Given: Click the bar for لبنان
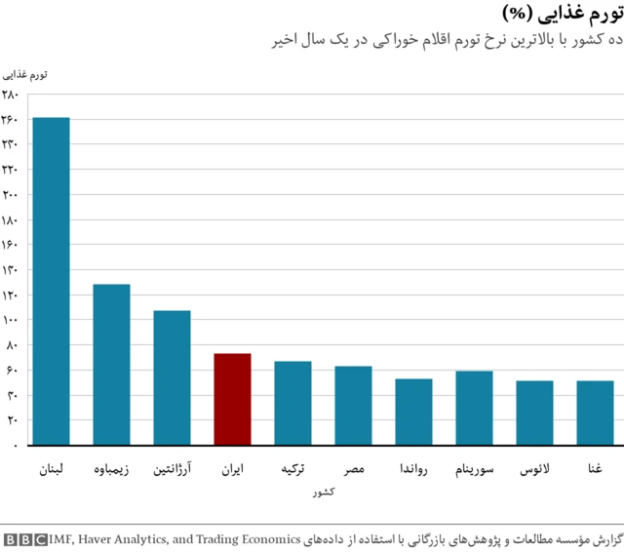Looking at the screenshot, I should (x=51, y=281).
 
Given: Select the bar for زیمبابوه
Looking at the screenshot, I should (x=111, y=364).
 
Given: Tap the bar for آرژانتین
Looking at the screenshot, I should (x=172, y=377).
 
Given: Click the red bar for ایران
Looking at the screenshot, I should (x=232, y=399).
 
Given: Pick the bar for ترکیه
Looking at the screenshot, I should (x=292, y=403).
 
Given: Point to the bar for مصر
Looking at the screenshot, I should (x=353, y=405).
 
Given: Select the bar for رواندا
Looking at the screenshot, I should (x=413, y=412).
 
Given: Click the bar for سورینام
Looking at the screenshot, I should (x=474, y=408).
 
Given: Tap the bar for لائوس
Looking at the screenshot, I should (x=534, y=413).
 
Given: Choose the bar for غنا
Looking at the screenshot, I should (x=595, y=413).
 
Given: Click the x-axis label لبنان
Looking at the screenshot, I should (x=51, y=469).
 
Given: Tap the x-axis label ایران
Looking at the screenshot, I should (x=232, y=469).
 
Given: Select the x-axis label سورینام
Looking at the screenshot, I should (x=474, y=469).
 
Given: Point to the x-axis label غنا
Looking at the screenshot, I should (x=595, y=469).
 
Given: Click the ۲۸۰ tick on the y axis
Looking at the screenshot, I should (x=11, y=95).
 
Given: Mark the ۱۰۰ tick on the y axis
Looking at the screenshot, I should (x=11, y=320).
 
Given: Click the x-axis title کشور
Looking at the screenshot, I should (x=324, y=493).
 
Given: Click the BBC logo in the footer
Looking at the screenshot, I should (x=24, y=538).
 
